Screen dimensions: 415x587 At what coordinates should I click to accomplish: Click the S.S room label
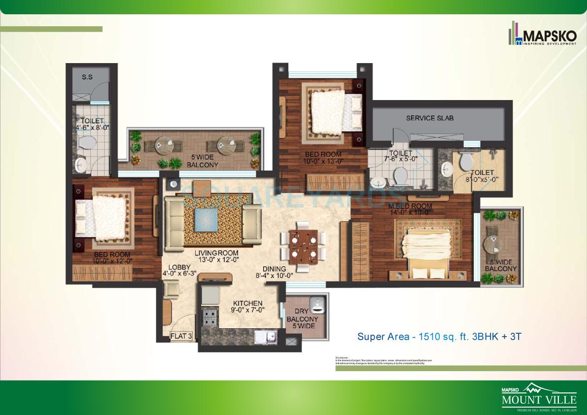pos(87,76)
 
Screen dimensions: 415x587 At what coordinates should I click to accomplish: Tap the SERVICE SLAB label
pos(430,118)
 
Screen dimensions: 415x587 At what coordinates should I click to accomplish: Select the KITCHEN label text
pos(248,303)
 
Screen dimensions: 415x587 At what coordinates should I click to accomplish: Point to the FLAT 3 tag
pos(181,337)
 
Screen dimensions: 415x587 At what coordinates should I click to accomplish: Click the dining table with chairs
pos(303,245)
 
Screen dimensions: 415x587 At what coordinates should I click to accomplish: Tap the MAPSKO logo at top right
pos(542,35)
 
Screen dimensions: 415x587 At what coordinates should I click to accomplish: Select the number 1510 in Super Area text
pos(428,337)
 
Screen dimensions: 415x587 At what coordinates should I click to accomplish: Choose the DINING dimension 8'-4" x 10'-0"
pos(275,276)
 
